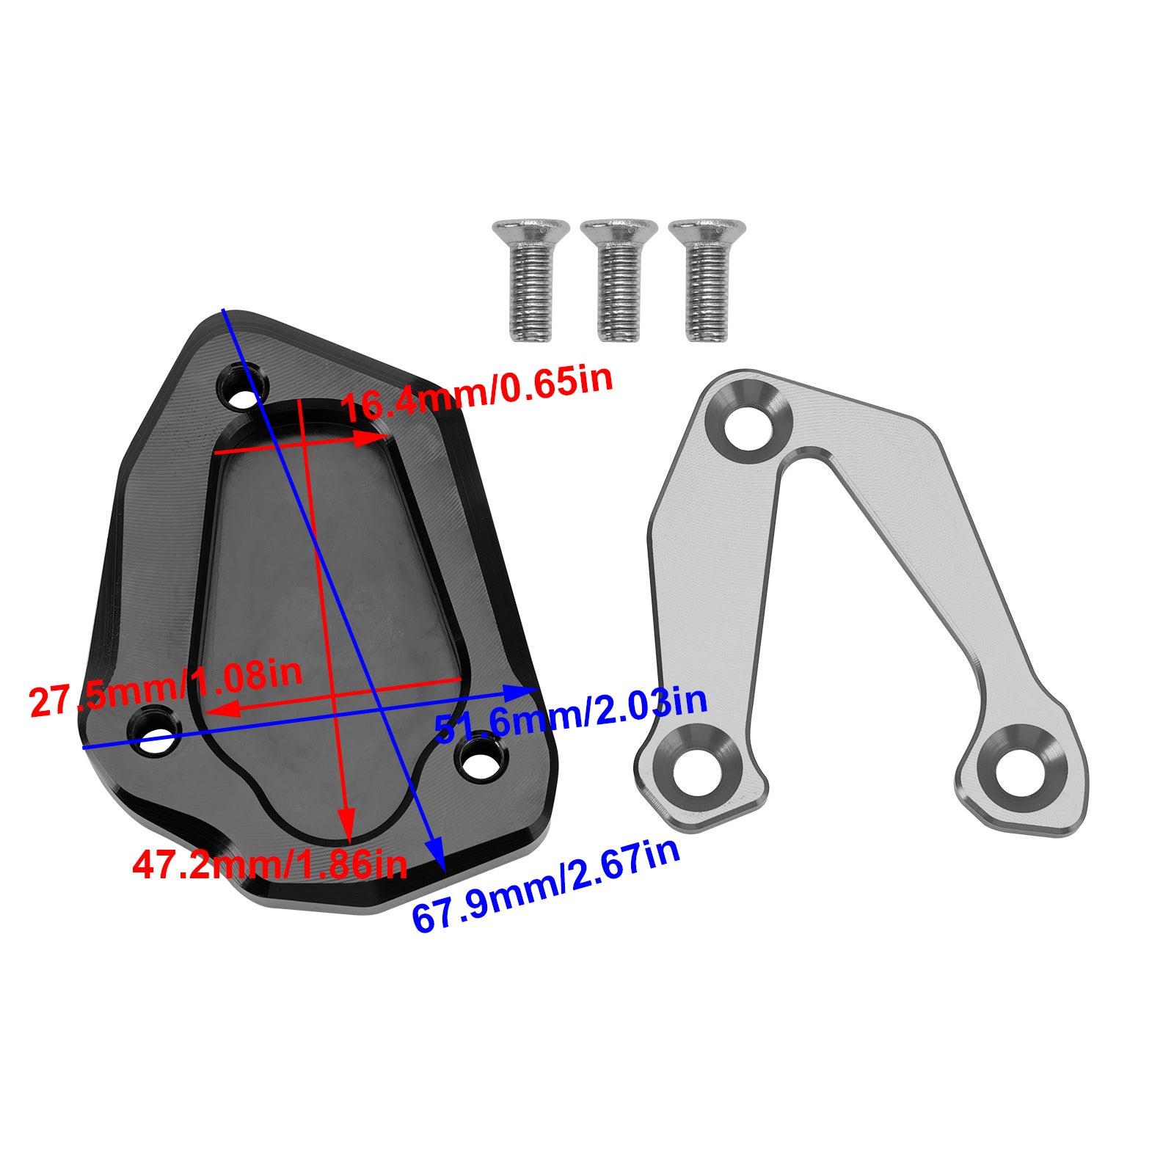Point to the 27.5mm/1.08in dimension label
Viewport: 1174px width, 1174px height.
(x=166, y=688)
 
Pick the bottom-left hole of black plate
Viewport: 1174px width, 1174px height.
(x=155, y=730)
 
